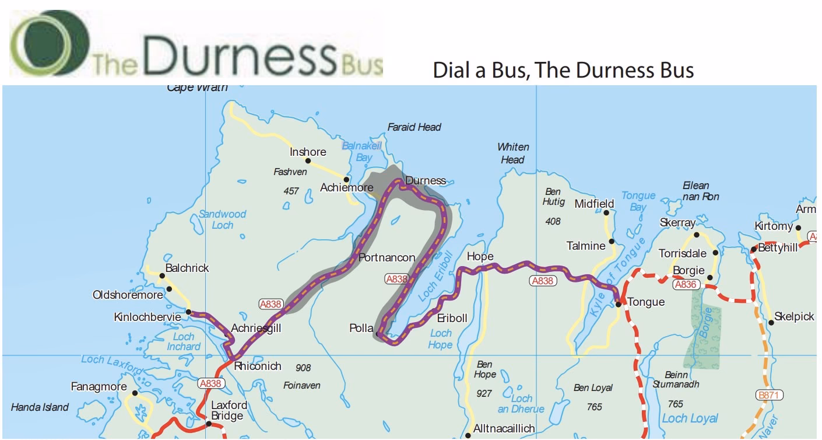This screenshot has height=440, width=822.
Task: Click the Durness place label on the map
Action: pos(425,180)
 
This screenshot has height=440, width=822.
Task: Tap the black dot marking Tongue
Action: pos(619,304)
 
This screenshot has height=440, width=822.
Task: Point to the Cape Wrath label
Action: pos(197,88)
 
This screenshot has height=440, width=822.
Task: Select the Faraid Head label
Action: pos(414,127)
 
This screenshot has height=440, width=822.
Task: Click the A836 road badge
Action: pos(685,285)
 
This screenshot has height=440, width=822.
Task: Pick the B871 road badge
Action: pos(768,395)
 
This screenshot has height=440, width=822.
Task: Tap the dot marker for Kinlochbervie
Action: pos(188,312)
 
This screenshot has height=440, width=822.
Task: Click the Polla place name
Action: pos(361,329)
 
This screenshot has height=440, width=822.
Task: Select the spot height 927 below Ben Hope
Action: pos(484,394)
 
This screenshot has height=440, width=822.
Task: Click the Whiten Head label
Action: pos(513,153)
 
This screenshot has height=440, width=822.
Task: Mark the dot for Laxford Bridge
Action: pos(208,423)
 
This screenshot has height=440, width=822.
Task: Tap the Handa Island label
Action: pos(40,407)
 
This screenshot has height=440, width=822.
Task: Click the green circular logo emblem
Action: pos(50,44)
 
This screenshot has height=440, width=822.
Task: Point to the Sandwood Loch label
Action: pos(222,219)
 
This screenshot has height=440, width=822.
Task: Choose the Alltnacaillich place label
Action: pos(504,429)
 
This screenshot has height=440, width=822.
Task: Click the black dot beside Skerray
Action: pos(697,235)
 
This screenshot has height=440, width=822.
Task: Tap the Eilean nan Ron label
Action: pos(701,191)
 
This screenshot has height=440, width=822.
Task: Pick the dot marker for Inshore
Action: pos(308,160)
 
